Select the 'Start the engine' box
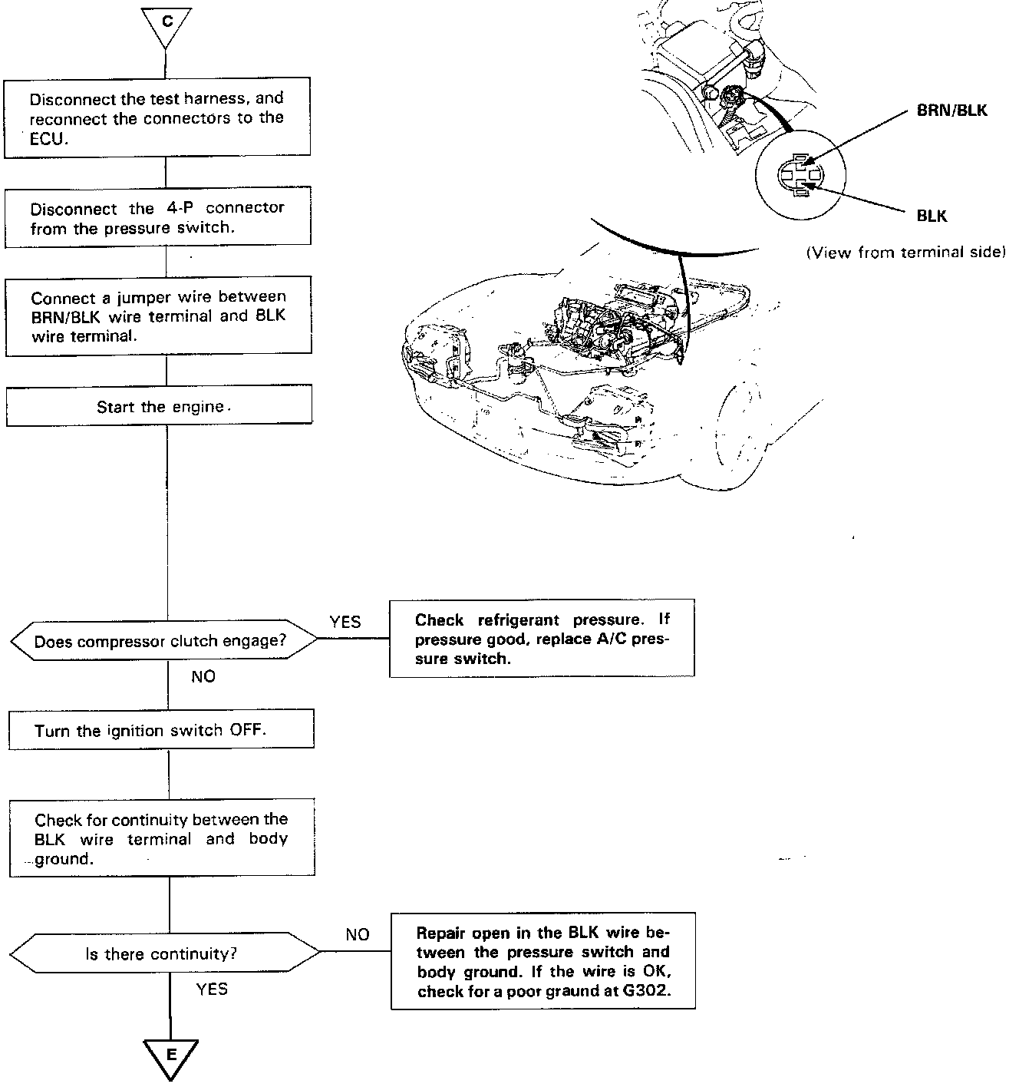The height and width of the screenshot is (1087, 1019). coord(160,406)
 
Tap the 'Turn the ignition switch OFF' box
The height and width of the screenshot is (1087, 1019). coord(161,730)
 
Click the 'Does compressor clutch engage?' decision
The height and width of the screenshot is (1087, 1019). coord(163,641)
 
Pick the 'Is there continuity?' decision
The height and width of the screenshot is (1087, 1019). coord(164,954)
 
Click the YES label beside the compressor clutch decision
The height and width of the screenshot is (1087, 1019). coord(345,622)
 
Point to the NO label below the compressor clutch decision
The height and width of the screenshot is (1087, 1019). coord(203,676)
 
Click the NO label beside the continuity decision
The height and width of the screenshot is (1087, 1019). coord(358,934)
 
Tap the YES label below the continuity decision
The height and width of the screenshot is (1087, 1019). coord(212,989)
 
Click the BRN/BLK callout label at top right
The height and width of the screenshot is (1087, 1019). coord(952,111)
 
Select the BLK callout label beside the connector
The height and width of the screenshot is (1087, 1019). coord(932,216)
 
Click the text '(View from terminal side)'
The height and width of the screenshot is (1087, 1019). coord(905,253)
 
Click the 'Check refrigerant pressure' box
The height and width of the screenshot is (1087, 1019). coord(542,639)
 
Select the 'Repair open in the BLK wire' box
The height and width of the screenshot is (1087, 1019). coord(543,961)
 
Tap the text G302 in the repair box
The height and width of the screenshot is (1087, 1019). coord(648,991)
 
